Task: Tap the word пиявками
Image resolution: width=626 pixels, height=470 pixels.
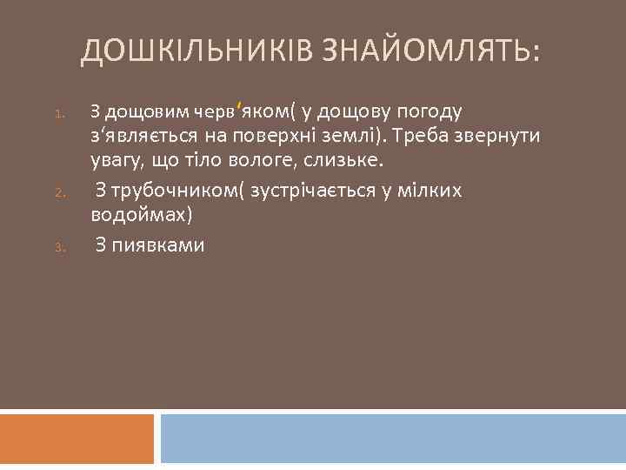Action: [x=157, y=245]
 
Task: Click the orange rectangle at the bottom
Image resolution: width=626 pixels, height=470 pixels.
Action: [x=77, y=439]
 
